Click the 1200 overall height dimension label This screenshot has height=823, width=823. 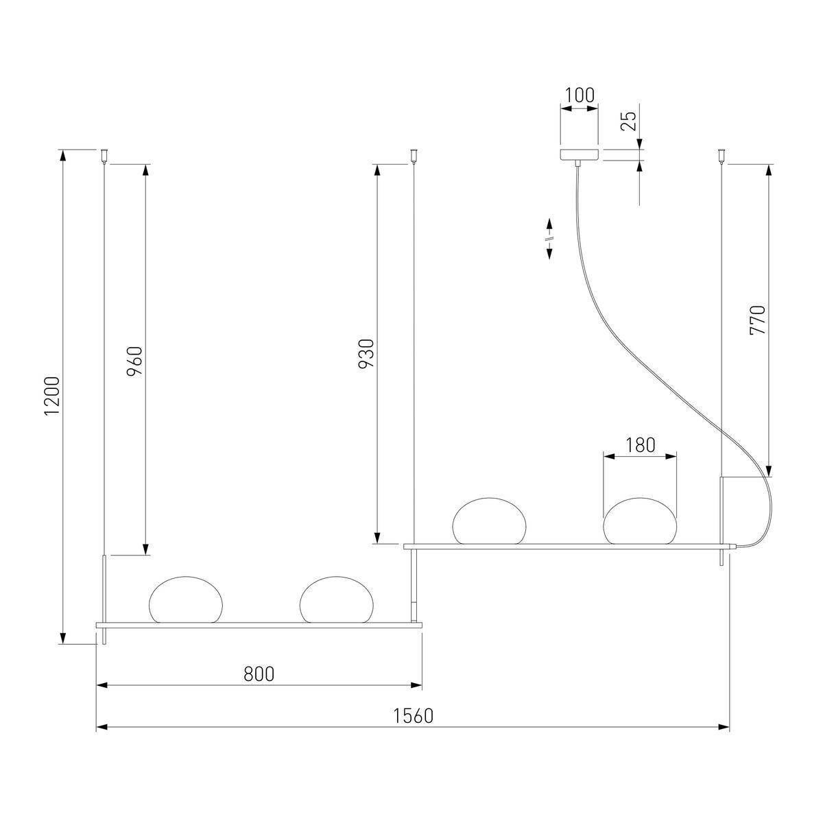pos(53,395)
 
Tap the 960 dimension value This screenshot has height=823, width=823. pos(134,359)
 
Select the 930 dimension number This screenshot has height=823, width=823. pos(367,353)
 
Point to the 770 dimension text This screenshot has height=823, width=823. pos(757,320)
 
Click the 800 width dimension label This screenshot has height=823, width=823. pos(259,674)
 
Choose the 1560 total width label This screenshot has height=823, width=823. pos(413,716)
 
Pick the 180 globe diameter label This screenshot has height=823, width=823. pos(640,445)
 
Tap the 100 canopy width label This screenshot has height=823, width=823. pos(580,95)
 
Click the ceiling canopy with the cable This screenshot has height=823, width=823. pos(580,155)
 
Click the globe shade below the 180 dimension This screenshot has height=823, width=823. pos(640,521)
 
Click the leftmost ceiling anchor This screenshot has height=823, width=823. pos(104,155)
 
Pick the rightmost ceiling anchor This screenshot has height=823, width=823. pos(721,155)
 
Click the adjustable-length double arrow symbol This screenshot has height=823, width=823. pos(549,239)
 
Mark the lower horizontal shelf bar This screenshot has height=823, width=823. pos(259,625)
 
